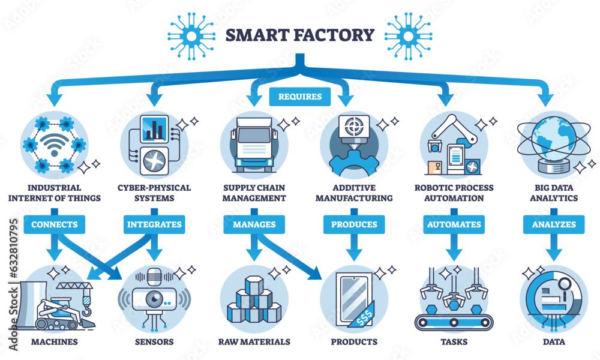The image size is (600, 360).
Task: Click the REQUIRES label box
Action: pos(300,96)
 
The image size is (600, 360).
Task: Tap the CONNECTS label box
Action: pos(55,224)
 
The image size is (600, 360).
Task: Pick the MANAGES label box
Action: pos(253,224)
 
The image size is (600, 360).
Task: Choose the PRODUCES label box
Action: pos(353,224)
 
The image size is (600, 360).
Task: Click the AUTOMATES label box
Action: pos(453,224)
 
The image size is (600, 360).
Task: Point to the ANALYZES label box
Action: pos(553,224)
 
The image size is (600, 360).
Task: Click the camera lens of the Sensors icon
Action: pos(154,301)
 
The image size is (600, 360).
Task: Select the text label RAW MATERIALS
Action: pos(254,342)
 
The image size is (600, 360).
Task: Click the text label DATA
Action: pos(553,342)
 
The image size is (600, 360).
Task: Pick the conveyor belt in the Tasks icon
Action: pos(454,322)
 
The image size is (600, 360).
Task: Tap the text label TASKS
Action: pos(454,342)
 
